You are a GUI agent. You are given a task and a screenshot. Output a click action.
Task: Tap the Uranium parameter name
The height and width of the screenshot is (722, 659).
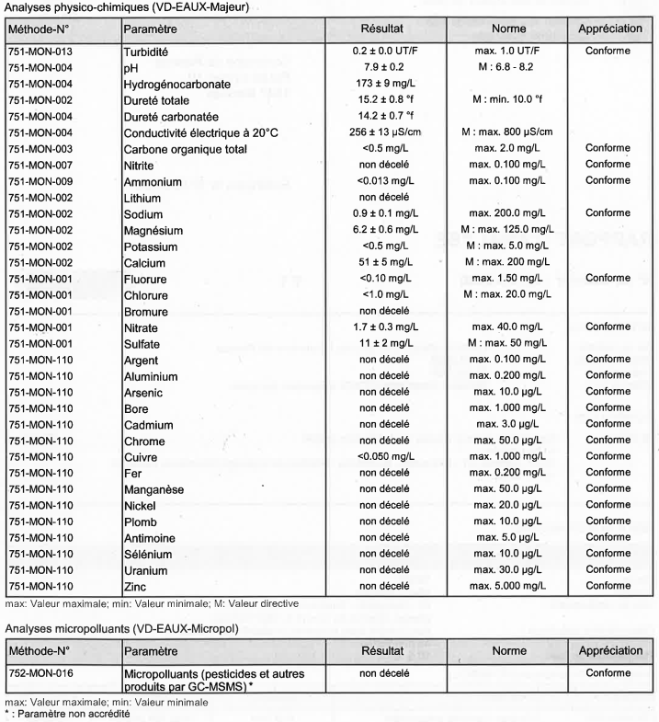pyautogui.click(x=145, y=570)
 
